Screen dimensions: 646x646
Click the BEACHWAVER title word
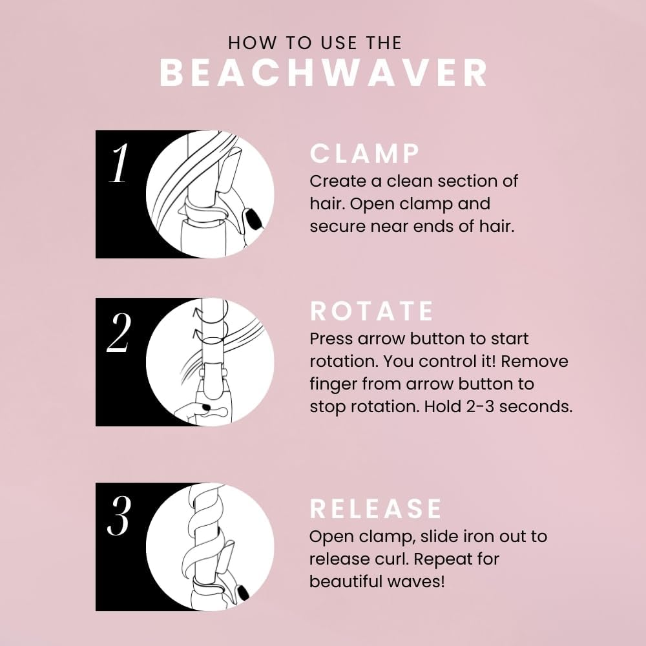click(x=323, y=74)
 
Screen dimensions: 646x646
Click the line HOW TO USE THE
click(x=315, y=43)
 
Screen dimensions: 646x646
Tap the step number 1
click(x=119, y=164)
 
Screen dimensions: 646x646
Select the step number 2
click(x=119, y=333)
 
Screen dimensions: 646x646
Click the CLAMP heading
click(x=365, y=154)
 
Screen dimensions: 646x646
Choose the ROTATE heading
click(x=372, y=311)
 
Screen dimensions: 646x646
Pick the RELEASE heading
click(x=376, y=508)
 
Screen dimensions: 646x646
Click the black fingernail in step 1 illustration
click(x=253, y=216)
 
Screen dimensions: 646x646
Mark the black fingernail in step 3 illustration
click(x=244, y=591)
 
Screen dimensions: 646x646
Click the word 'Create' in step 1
click(x=334, y=181)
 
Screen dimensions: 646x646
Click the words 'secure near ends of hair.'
click(x=412, y=227)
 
